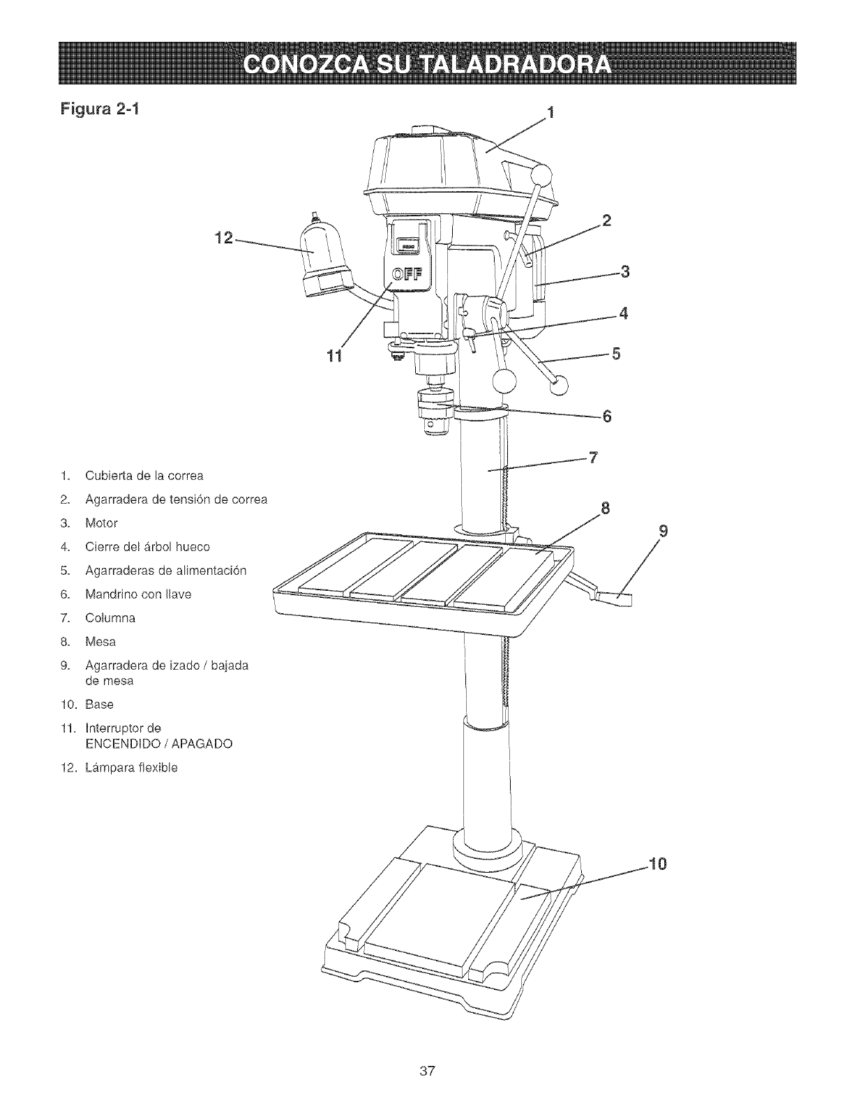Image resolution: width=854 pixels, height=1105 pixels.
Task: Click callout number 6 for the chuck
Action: click(606, 416)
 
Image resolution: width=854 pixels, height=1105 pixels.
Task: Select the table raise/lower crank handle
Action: click(614, 596)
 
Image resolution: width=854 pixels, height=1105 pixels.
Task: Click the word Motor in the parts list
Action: click(101, 523)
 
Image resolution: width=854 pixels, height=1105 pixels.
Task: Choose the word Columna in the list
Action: click(110, 618)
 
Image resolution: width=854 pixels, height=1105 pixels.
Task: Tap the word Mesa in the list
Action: click(100, 642)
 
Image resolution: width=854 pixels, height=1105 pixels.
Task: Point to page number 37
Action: click(428, 1071)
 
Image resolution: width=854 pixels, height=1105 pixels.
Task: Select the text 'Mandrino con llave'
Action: click(138, 594)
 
